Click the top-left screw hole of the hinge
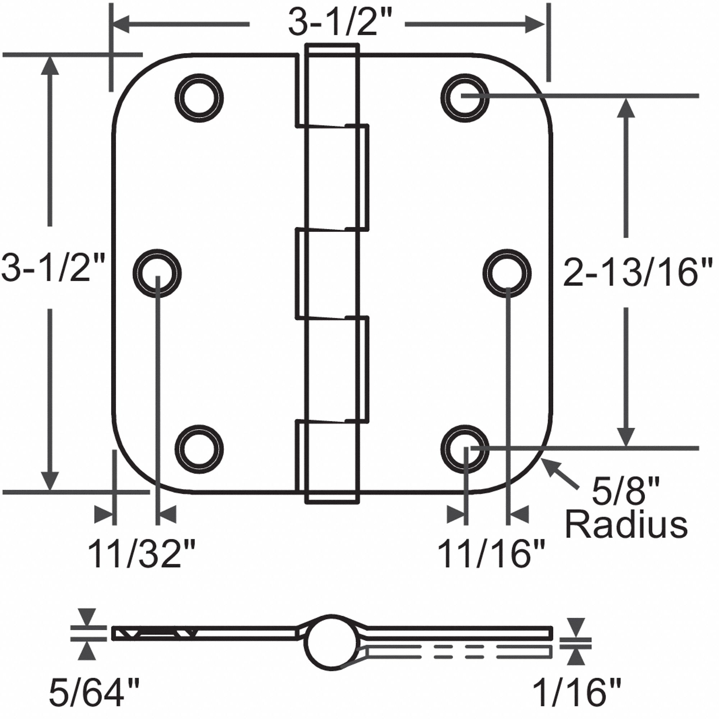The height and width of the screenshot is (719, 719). [x=200, y=98]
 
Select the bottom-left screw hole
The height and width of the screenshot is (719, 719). [x=200, y=449]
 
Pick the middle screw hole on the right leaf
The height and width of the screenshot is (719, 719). [x=507, y=274]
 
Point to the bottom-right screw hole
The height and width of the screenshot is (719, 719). [x=464, y=449]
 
